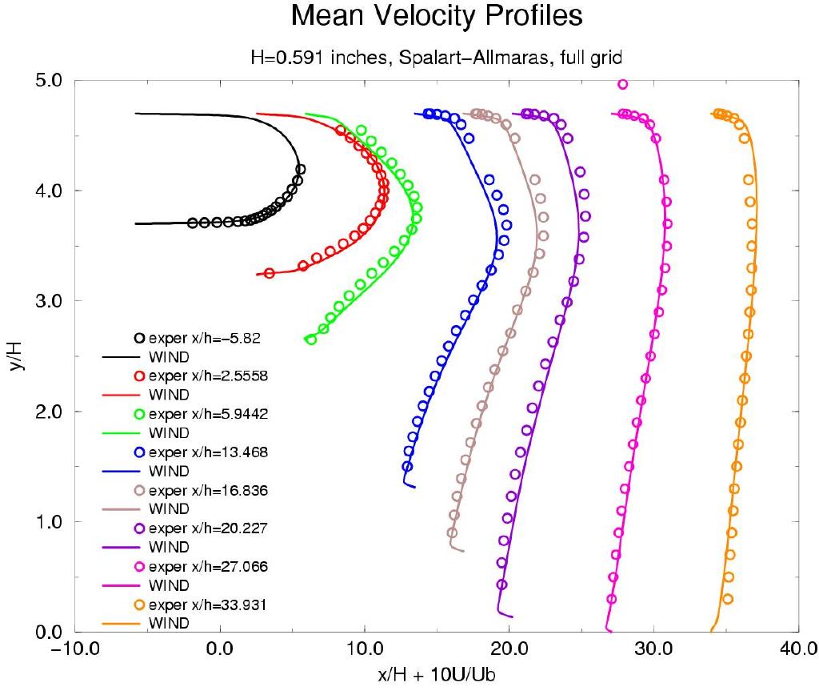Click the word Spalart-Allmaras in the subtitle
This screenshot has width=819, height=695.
[392, 58]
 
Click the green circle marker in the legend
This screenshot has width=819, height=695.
[139, 414]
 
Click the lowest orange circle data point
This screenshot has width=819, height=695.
[727, 599]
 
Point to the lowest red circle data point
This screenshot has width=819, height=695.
[269, 273]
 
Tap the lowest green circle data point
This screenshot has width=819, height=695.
[311, 339]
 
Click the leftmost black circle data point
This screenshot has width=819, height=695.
[193, 223]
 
